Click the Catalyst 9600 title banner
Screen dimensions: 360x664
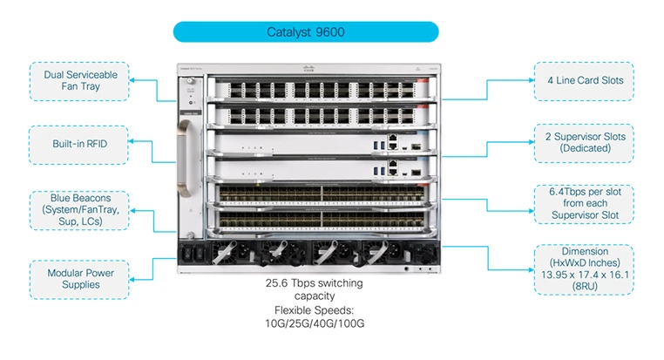click(305, 32)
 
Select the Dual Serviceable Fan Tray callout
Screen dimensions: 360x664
click(78, 81)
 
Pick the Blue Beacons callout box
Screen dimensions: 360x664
click(78, 210)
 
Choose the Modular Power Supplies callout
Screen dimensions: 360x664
click(78, 278)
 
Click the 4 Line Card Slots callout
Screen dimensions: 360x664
click(585, 80)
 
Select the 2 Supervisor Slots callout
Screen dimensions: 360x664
click(585, 142)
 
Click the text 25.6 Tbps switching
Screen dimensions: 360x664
click(314, 283)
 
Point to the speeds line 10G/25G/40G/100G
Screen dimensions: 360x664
click(314, 323)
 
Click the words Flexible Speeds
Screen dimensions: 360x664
click(314, 310)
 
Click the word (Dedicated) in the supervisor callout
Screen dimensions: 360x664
click(585, 148)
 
